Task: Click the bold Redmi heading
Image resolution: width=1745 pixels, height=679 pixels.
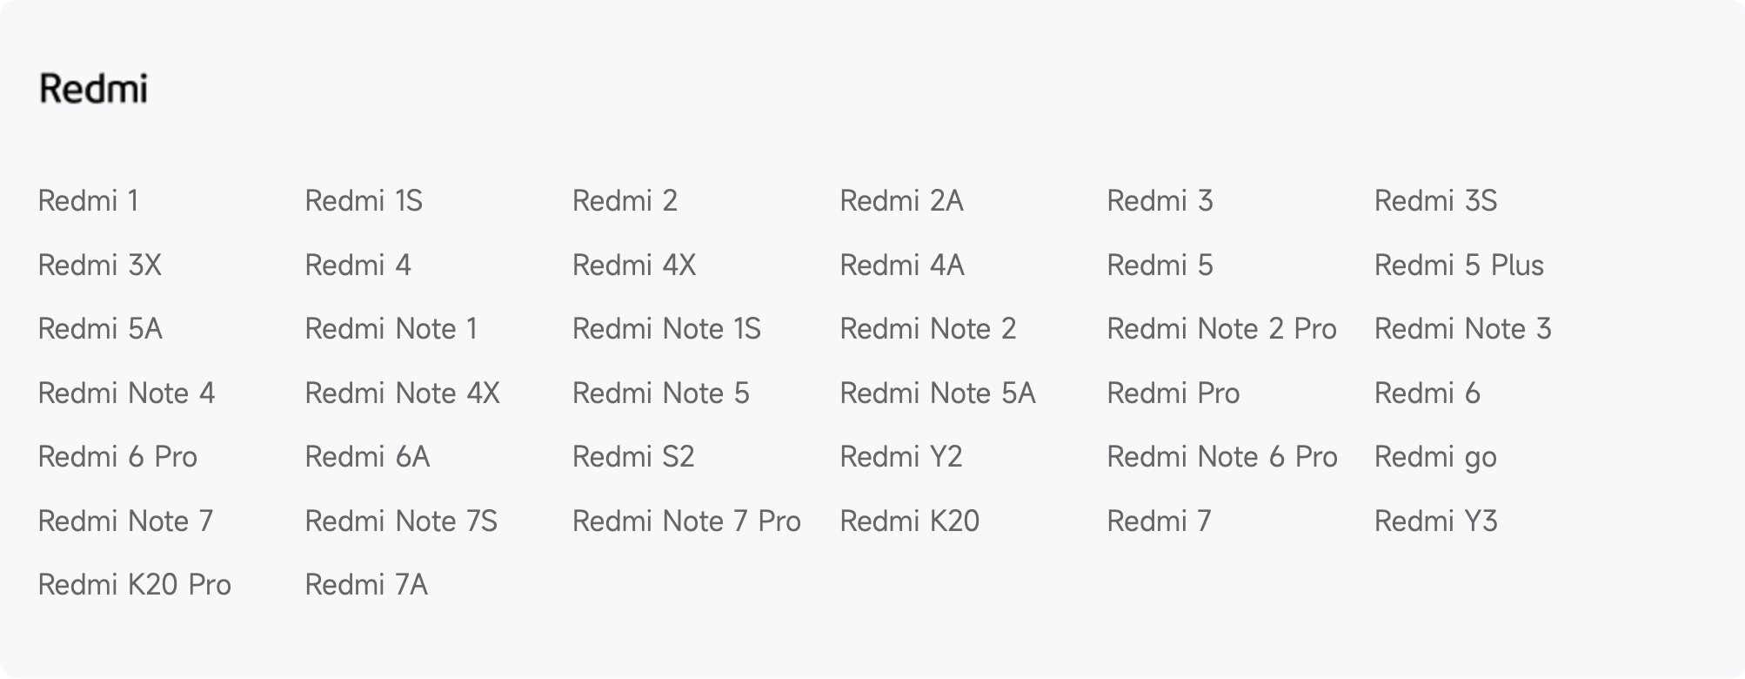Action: (93, 89)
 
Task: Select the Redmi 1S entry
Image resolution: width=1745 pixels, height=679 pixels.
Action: (364, 201)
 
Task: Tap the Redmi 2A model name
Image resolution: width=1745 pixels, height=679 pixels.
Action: (901, 201)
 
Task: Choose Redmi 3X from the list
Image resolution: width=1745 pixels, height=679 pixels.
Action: (100, 266)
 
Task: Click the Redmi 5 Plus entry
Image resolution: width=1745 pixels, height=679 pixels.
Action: (1459, 266)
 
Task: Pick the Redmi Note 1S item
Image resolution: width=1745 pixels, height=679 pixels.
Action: (666, 329)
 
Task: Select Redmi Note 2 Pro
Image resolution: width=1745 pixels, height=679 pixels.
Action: (1221, 329)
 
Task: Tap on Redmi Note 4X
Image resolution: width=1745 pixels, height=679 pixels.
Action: (402, 393)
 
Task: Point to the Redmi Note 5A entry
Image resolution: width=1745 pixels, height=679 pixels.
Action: (938, 393)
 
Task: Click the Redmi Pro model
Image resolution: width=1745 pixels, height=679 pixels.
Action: (1173, 393)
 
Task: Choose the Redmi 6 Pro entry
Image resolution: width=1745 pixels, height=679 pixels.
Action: (117, 457)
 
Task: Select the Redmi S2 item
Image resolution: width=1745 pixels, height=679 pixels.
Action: (633, 457)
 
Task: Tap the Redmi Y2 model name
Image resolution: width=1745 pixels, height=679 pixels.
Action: (901, 457)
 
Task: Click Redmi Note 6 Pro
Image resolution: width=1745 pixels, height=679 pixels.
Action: (1222, 457)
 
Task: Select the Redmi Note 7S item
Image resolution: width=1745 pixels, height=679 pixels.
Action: (401, 521)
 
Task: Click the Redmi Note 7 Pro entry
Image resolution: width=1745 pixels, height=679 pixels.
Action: (686, 521)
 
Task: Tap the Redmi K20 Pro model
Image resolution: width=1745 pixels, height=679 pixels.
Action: (135, 585)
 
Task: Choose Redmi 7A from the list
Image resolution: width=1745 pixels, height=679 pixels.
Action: (366, 585)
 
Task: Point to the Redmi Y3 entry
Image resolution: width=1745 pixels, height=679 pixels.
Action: (1436, 521)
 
